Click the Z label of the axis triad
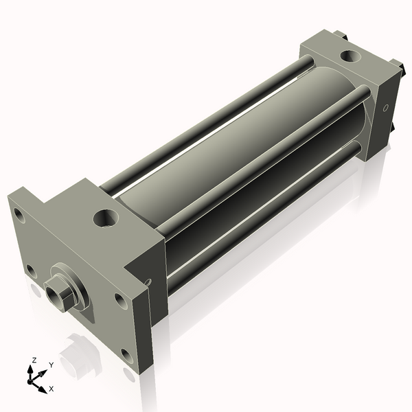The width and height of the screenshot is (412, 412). (x=34, y=360)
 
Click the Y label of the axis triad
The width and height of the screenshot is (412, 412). (x=51, y=365)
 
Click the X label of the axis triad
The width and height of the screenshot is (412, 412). (x=51, y=389)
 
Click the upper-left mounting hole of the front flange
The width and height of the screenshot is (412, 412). (x=20, y=216)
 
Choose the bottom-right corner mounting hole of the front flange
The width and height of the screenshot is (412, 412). (x=126, y=355)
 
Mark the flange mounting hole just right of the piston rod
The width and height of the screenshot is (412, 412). (x=121, y=300)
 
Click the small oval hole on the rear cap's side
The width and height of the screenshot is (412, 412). (x=385, y=108)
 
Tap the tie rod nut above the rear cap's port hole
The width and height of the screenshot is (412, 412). (x=341, y=34)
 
